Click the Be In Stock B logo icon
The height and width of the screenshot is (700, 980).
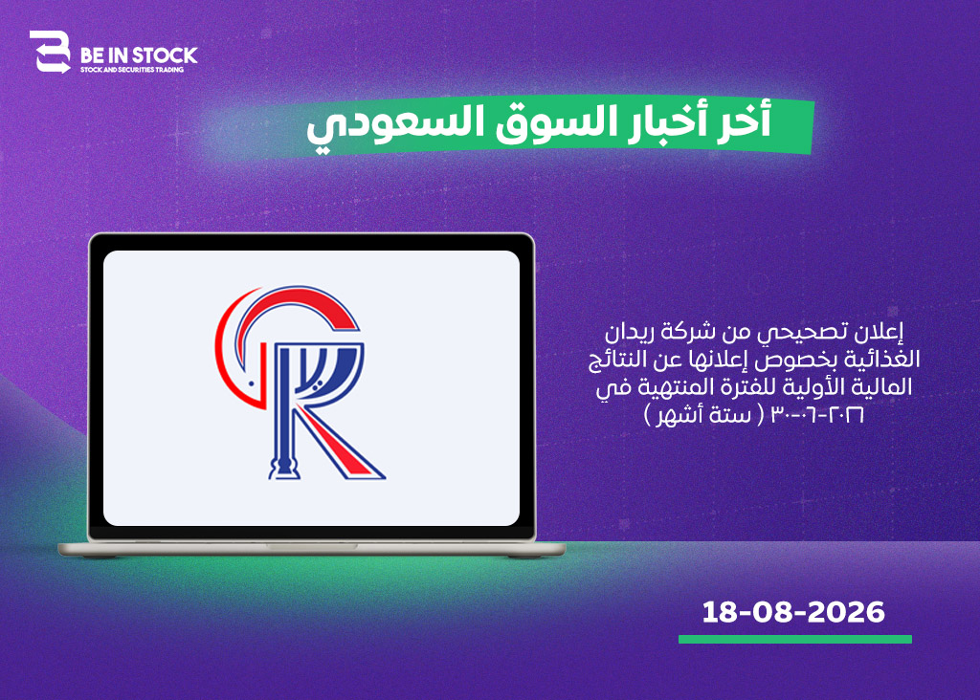(x=50, y=52)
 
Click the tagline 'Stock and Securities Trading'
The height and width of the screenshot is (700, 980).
(x=132, y=70)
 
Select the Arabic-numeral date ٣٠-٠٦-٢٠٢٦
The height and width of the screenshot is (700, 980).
(x=817, y=415)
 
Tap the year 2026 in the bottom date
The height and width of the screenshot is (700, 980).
(x=846, y=612)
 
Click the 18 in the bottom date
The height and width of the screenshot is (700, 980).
(x=719, y=612)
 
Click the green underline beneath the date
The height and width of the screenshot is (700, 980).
(x=795, y=639)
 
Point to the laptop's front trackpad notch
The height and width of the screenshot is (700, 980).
(x=311, y=546)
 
